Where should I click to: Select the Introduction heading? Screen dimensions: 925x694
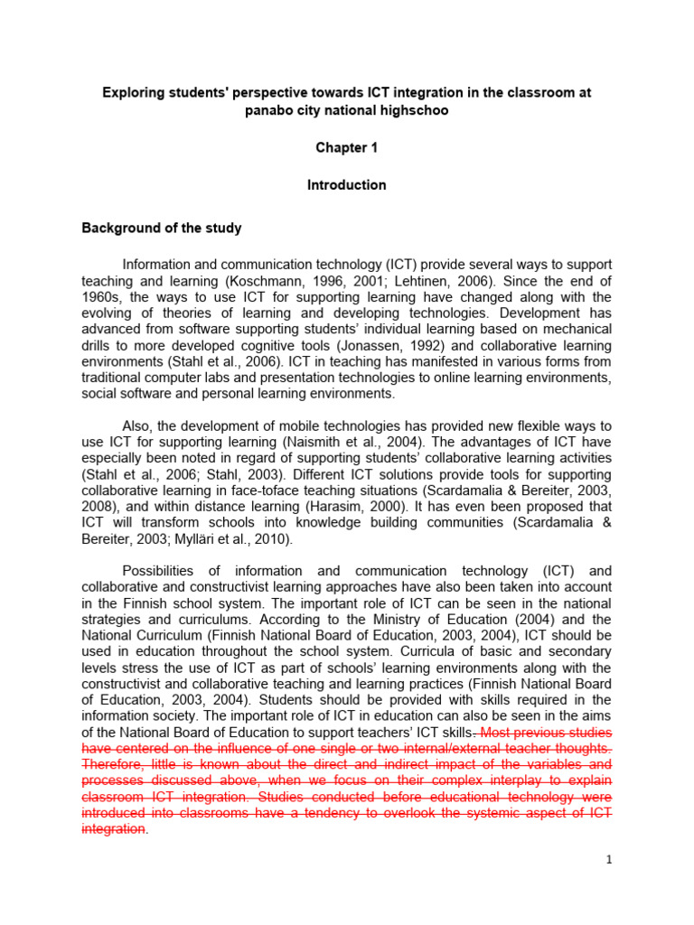347,185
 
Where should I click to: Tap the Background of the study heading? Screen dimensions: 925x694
162,229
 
